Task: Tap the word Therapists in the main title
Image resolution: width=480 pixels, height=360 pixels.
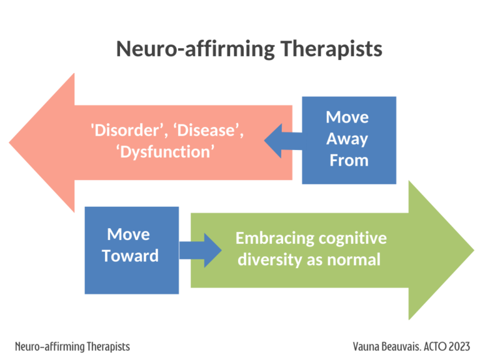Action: (x=331, y=49)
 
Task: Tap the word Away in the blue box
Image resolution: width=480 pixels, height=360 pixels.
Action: (x=347, y=139)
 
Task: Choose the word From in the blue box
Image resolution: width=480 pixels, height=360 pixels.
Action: (x=349, y=160)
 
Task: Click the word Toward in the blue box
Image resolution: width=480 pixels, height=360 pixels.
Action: (x=131, y=256)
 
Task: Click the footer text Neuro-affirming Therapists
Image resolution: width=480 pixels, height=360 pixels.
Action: (x=72, y=346)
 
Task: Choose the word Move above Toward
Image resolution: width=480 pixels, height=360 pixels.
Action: (x=128, y=234)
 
